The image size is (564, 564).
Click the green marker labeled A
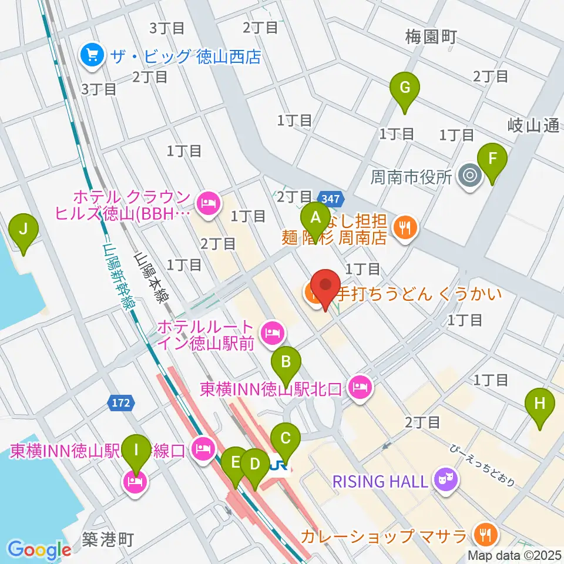coord(315,219)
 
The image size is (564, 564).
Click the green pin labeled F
coord(492,159)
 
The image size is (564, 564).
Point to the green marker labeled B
coord(286,361)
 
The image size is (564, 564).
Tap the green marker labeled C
coord(286,438)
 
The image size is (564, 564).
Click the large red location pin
coord(325,286)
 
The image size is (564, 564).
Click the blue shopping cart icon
coord(92,56)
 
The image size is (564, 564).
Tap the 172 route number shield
coord(121,403)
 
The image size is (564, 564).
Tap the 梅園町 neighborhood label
coord(431,38)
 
